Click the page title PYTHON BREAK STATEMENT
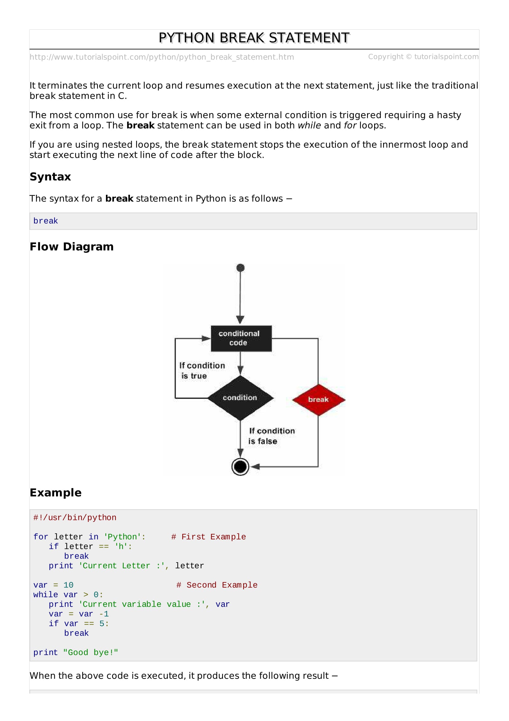point(254,38)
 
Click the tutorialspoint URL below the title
point(162,57)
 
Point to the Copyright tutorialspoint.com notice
point(423,57)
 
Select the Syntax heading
point(50,177)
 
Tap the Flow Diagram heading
point(71,247)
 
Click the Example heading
point(55,493)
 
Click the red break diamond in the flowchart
point(319,400)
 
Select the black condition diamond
point(240,398)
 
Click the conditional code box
point(241,338)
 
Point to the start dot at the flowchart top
point(240,268)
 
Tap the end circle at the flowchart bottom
point(240,467)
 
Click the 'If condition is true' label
point(202,371)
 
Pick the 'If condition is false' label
point(272,436)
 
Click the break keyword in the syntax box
point(46,221)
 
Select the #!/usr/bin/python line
point(75,518)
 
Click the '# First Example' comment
point(208,537)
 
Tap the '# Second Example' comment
point(217,585)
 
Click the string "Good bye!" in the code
point(91,652)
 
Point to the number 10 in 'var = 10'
point(68,585)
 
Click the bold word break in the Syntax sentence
point(119,199)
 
